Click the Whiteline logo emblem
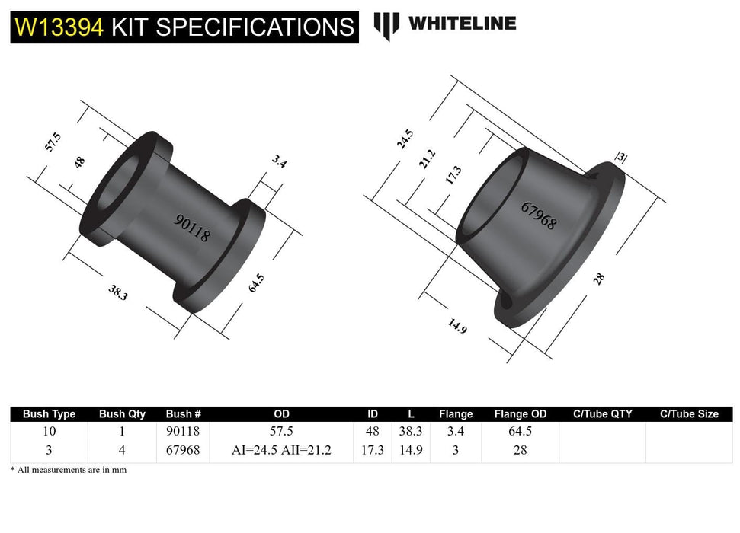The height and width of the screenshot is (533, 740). click(386, 26)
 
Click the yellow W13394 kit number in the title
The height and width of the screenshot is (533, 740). click(59, 27)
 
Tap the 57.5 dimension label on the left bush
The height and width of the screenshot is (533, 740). click(53, 142)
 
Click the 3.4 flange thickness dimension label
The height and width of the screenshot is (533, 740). click(278, 161)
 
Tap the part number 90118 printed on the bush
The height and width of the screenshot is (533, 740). click(191, 227)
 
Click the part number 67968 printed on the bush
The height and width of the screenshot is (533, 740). click(539, 215)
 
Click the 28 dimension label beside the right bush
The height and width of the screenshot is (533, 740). click(599, 279)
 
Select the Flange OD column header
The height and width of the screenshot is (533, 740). click(521, 414)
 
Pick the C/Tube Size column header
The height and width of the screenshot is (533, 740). click(689, 414)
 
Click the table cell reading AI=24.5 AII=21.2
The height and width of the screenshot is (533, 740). click(281, 450)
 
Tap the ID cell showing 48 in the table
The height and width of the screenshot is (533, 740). click(373, 431)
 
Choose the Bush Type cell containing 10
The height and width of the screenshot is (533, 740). click(50, 431)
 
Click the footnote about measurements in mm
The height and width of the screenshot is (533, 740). click(69, 470)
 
